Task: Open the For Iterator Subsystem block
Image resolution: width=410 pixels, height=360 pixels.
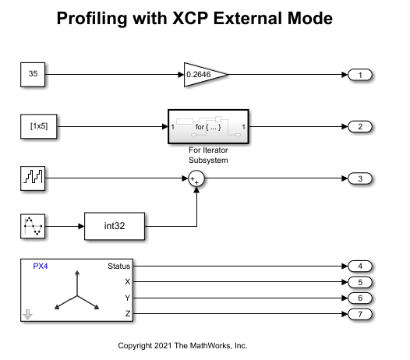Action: (x=209, y=126)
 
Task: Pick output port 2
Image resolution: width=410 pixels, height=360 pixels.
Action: (x=360, y=126)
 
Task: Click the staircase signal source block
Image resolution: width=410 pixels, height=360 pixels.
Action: (x=33, y=178)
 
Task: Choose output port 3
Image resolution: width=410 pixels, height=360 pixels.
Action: (x=360, y=178)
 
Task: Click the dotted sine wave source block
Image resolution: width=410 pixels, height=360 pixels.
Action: (x=33, y=226)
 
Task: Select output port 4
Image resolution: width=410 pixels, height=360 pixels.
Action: (x=360, y=266)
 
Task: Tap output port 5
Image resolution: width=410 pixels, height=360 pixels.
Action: (x=360, y=282)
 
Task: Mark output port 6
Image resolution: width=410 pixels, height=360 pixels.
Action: (x=360, y=298)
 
